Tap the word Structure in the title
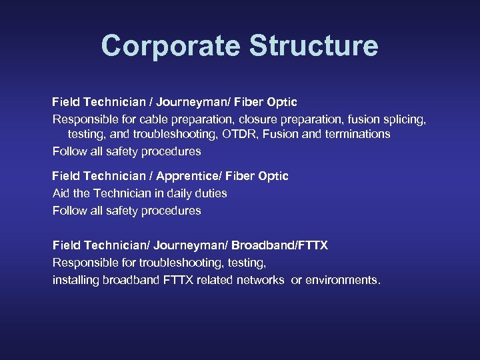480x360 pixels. click(313, 46)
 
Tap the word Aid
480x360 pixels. click(61, 193)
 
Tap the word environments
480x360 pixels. click(342, 280)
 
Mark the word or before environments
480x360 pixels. click(297, 280)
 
